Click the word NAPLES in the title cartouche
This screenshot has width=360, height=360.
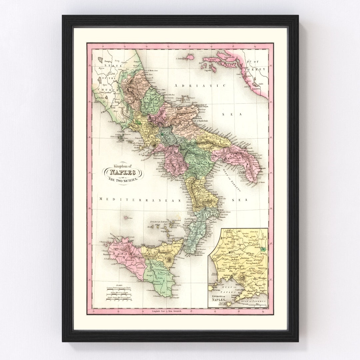(122, 172)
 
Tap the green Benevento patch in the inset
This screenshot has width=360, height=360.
(263, 249)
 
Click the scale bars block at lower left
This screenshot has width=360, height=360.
(119, 293)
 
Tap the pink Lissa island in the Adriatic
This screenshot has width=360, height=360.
(190, 57)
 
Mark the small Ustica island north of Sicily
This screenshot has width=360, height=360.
(126, 218)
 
